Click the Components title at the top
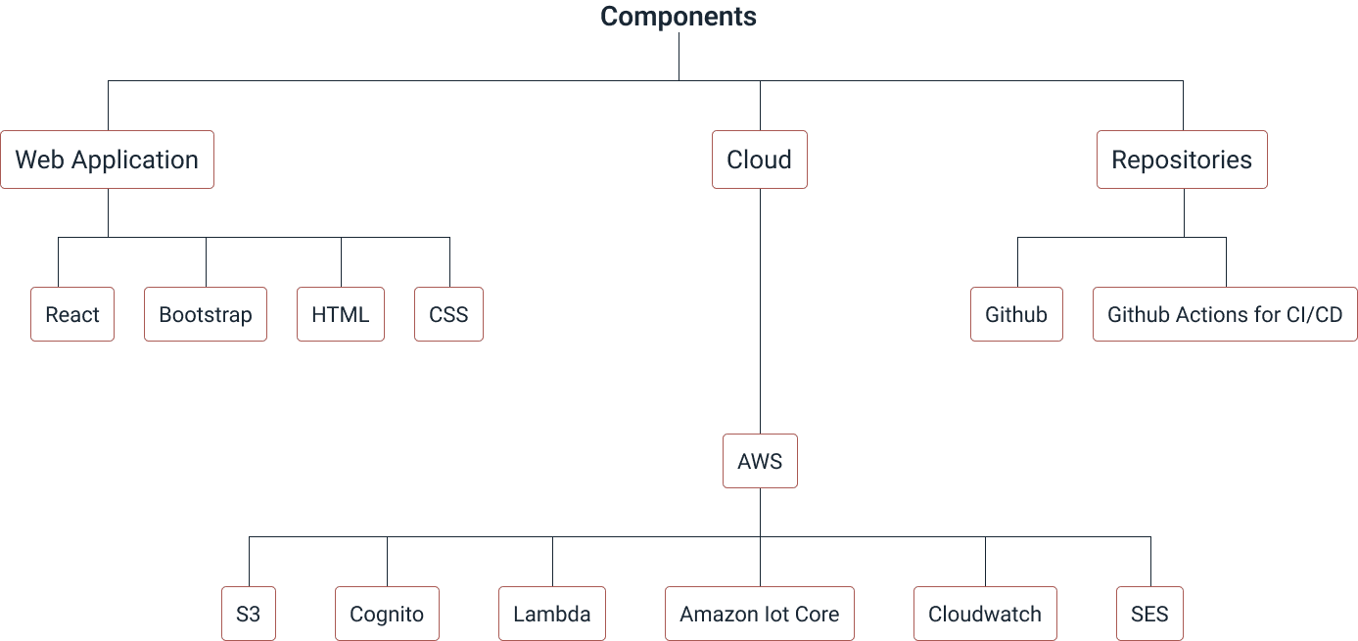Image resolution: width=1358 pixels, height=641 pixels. point(679,17)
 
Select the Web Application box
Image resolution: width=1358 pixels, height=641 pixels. point(107,160)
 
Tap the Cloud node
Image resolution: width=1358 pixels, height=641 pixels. point(759,160)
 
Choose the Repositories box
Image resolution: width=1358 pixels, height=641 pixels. point(1182,160)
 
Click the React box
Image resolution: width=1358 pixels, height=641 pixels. point(72,314)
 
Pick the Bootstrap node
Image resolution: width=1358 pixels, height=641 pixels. point(205,314)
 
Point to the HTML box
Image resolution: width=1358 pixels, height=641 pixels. point(340,314)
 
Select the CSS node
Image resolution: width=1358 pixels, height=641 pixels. point(448,314)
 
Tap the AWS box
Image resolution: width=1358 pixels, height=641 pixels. point(760,460)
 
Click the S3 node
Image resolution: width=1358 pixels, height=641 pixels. point(248,615)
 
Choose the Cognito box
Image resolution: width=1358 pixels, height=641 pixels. point(387,615)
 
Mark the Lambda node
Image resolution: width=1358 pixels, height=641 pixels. point(552,615)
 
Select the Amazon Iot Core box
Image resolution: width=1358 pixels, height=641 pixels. point(760,615)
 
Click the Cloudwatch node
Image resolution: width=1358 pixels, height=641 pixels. point(985,615)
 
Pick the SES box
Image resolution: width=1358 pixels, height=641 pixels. point(1149,615)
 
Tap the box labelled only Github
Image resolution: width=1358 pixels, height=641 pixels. point(1016,314)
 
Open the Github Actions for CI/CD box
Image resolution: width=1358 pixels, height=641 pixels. point(1225,314)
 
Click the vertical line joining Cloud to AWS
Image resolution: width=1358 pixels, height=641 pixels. point(760,313)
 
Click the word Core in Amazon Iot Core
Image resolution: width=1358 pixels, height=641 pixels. point(817,615)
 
